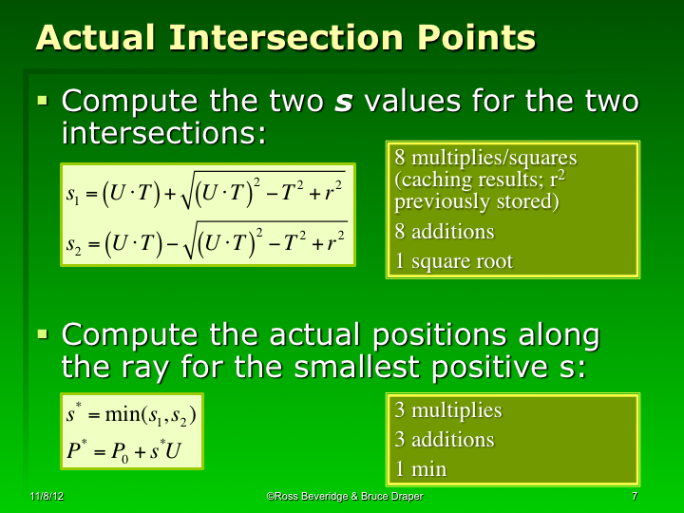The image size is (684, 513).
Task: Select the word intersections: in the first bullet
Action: pyautogui.click(x=162, y=133)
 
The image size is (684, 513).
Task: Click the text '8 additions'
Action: pyautogui.click(x=446, y=231)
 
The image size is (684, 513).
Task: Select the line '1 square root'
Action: pyautogui.click(x=454, y=261)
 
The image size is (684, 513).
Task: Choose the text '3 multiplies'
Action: pyautogui.click(x=448, y=410)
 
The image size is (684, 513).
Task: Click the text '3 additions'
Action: pyautogui.click(x=445, y=439)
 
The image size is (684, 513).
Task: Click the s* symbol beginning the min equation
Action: pyautogui.click(x=73, y=415)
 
